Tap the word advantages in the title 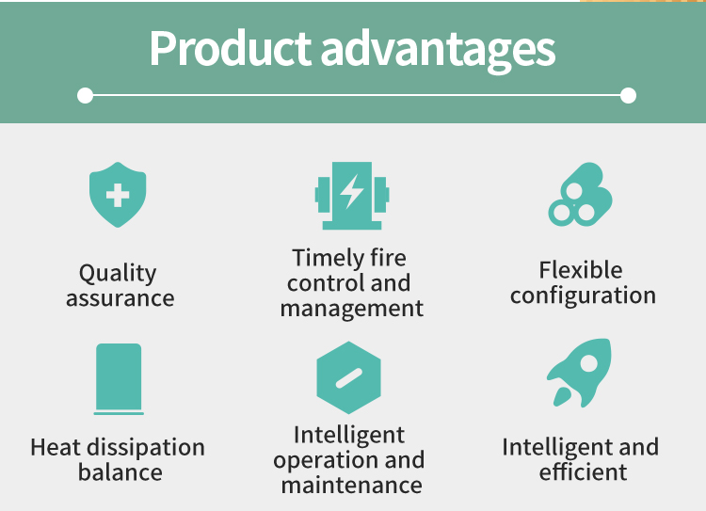coord(438,51)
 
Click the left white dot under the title coord(85,95)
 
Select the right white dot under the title coord(628,95)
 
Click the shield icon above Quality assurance coord(118,195)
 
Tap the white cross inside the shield coord(118,196)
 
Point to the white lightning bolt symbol coord(351,192)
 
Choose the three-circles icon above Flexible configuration coord(581,195)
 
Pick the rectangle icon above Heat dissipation coord(119,378)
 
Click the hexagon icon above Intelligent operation coord(348,377)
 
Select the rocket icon coord(580,373)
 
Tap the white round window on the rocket coord(588,363)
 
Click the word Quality coord(118,274)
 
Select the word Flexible coord(581,270)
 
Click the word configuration coord(583,296)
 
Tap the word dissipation coord(146,448)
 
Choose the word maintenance coord(352,486)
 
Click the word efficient coord(583,471)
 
